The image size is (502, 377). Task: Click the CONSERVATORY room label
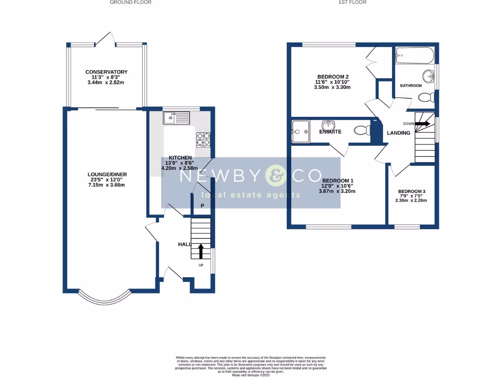click(106, 72)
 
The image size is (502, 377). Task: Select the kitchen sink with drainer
click(176, 117)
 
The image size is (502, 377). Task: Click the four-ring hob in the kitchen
click(203, 139)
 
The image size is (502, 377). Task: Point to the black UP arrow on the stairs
click(201, 251)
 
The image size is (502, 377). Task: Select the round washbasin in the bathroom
click(428, 76)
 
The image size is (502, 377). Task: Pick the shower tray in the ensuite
click(300, 131)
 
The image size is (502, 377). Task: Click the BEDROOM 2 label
click(333, 77)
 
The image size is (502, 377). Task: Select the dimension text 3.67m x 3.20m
click(337, 191)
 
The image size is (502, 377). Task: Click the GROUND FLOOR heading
click(130, 2)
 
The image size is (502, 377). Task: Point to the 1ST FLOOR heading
click(352, 2)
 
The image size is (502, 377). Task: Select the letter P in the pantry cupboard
click(202, 206)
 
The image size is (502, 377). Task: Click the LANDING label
click(399, 133)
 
